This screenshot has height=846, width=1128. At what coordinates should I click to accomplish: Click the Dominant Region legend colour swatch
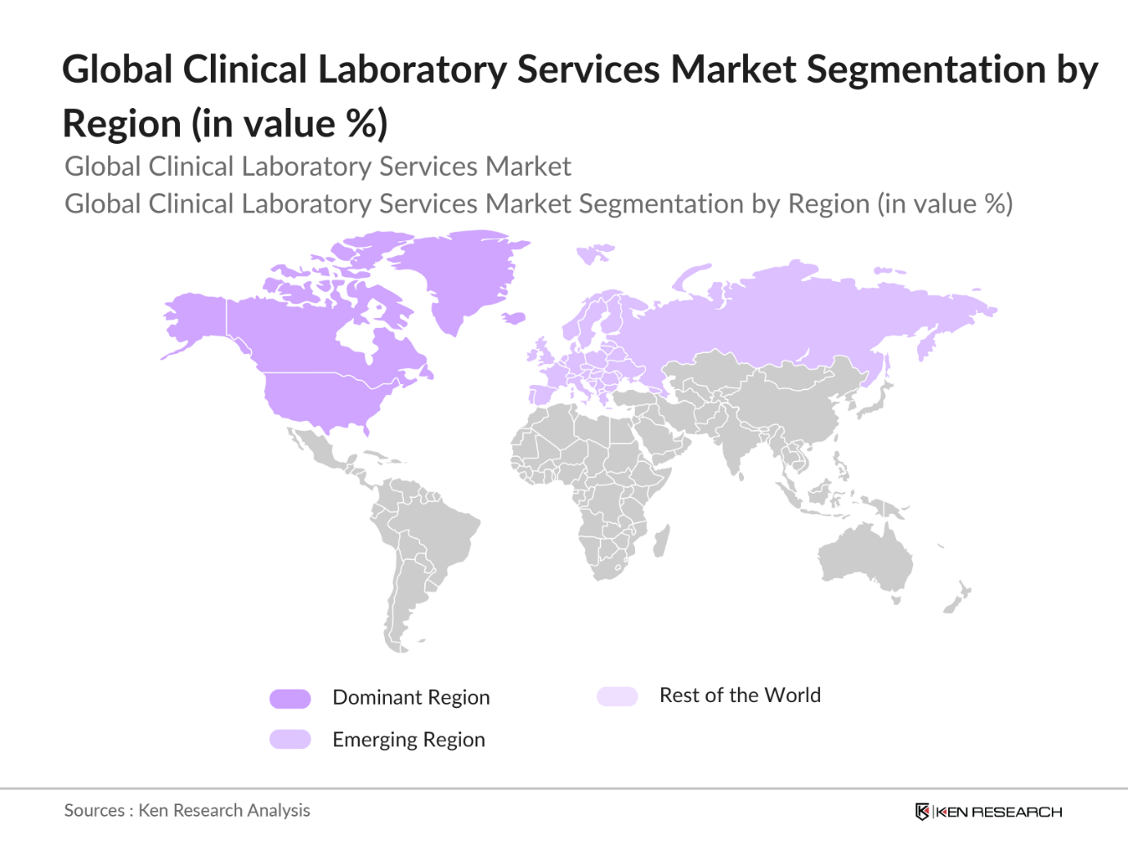click(x=290, y=698)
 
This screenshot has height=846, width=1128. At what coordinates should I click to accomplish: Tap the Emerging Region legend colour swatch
click(x=290, y=740)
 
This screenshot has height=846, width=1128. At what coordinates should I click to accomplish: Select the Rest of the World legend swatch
click(x=617, y=696)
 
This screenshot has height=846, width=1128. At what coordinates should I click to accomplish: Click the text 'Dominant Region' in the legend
click(x=411, y=697)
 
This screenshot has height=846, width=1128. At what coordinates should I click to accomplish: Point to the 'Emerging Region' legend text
click(x=409, y=740)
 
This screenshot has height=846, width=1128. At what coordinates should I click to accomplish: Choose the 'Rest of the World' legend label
click(x=740, y=696)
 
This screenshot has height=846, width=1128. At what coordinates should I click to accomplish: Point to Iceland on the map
click(x=513, y=318)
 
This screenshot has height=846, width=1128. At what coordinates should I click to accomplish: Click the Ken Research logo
click(x=988, y=812)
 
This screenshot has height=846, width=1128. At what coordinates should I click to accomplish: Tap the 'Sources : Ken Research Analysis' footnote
click(x=187, y=810)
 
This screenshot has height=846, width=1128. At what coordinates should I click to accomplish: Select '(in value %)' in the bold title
click(x=289, y=124)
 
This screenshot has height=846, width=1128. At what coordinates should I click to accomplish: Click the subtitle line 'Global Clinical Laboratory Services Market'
click(x=317, y=167)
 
